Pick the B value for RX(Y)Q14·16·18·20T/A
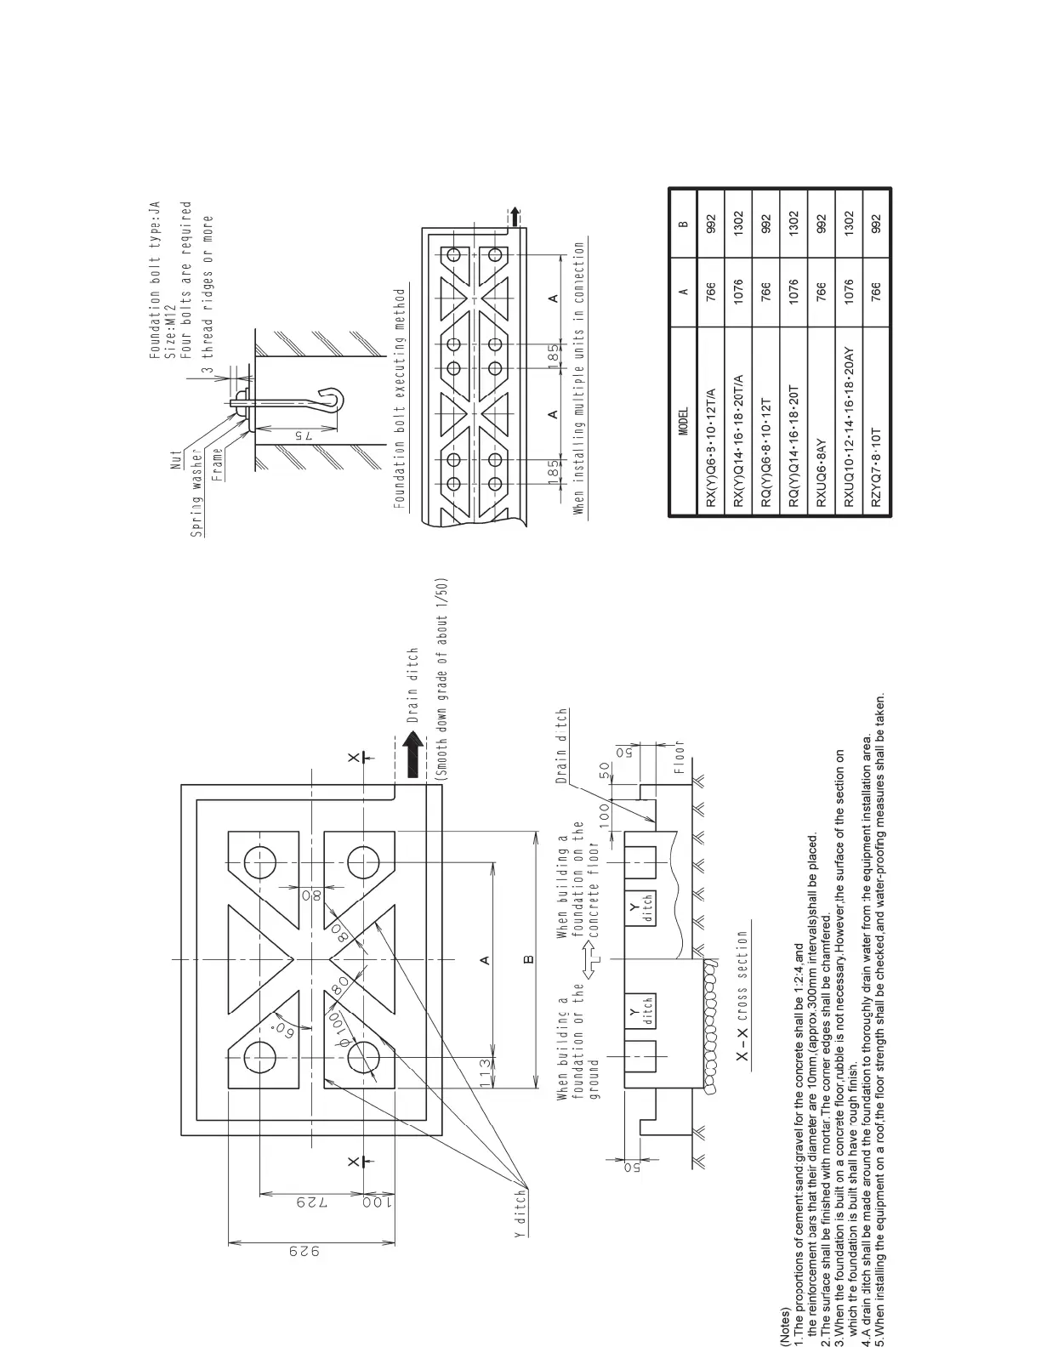pyautogui.click(x=739, y=224)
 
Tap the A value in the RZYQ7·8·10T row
pyautogui.click(x=876, y=290)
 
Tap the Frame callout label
pyautogui.click(x=218, y=464)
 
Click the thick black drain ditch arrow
pyautogui.click(x=413, y=756)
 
